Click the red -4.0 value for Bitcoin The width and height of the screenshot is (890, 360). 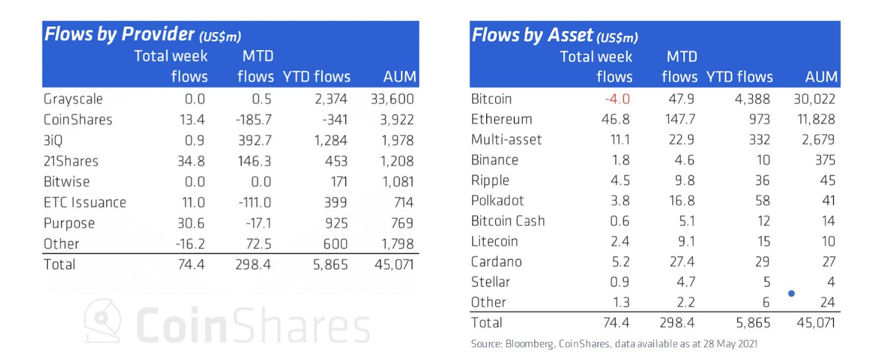pyautogui.click(x=617, y=99)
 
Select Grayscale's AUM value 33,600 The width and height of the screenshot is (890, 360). pyautogui.click(x=392, y=99)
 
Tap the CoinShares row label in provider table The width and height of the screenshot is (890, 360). pyautogui.click(x=78, y=120)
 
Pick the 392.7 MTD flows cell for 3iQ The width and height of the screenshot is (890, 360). pyautogui.click(x=255, y=141)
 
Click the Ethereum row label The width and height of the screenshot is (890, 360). pyautogui.click(x=501, y=119)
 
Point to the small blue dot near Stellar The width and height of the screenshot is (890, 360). pyautogui.click(x=791, y=293)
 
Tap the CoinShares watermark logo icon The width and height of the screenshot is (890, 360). pyautogui.click(x=102, y=320)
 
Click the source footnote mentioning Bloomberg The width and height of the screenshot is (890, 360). pyautogui.click(x=614, y=344)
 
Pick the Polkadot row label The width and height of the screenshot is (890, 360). pyautogui.click(x=497, y=200)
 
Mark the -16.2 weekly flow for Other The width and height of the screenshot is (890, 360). pyautogui.click(x=190, y=244)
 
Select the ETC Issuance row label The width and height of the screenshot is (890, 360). pyautogui.click(x=85, y=202)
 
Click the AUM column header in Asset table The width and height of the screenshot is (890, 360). pyautogui.click(x=821, y=77)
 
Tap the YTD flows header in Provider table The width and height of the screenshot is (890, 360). pyautogui.click(x=316, y=77)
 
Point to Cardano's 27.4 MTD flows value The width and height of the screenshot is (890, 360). pyautogui.click(x=682, y=262)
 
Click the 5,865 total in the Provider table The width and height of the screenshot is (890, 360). pyautogui.click(x=330, y=265)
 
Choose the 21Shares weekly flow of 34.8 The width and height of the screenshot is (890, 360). pyautogui.click(x=191, y=161)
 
